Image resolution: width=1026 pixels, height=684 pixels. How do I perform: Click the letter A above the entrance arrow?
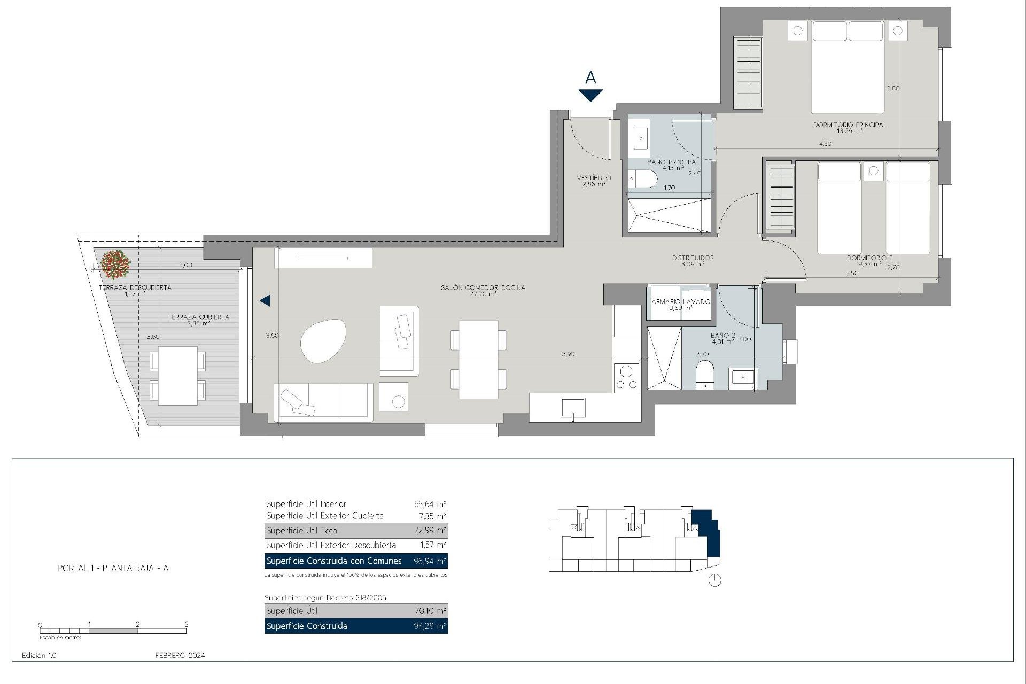click(590, 78)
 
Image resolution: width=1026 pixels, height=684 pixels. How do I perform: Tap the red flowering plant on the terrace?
click(114, 264)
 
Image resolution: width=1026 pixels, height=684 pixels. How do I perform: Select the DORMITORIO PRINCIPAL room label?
click(850, 125)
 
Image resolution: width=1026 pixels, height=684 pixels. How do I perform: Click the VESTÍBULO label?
click(594, 178)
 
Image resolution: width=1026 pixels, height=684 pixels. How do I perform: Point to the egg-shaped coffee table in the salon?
click(323, 341)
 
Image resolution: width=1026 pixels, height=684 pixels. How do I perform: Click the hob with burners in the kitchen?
click(626, 377)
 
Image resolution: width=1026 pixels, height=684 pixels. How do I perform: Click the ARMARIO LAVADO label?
click(680, 301)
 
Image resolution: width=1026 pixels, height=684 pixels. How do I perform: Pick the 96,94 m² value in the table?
click(430, 561)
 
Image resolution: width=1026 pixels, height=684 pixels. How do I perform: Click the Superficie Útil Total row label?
click(302, 531)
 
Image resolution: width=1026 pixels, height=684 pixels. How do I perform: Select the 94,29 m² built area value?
click(430, 626)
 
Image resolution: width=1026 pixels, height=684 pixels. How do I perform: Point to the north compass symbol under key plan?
click(714, 580)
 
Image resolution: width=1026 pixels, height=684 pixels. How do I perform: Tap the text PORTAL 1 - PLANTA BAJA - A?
click(113, 568)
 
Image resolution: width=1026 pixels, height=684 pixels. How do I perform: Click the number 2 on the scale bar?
click(138, 624)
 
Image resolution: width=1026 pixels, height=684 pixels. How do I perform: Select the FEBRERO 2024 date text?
click(180, 655)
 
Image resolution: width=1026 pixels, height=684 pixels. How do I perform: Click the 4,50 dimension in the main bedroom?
click(825, 144)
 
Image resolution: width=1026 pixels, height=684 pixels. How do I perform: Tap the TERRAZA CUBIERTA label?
click(198, 317)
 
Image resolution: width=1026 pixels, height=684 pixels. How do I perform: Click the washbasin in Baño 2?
click(743, 378)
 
